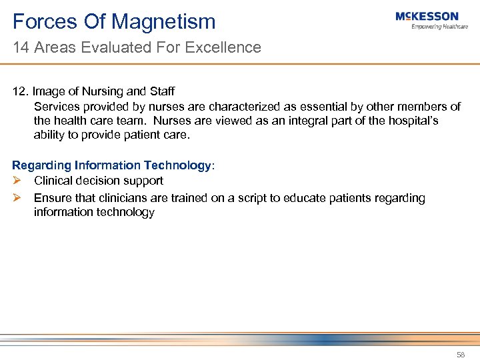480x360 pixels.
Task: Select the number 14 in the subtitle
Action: [20, 47]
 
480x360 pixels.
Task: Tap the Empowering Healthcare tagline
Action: [439, 27]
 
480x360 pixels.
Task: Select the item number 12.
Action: [20, 92]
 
